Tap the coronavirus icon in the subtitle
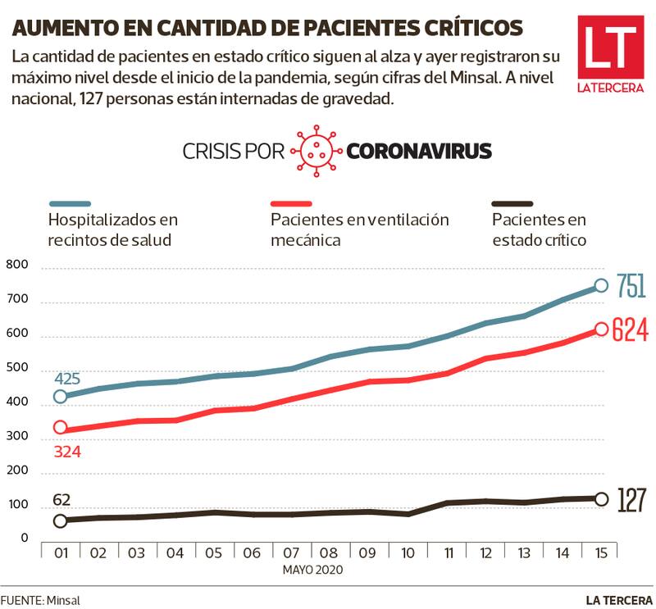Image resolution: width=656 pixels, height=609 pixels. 316,151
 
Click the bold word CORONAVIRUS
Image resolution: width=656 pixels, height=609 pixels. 419,151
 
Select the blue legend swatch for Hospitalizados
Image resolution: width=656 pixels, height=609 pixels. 70,202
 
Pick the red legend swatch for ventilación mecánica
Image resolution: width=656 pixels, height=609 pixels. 291,202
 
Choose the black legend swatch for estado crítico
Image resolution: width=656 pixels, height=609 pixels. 512,202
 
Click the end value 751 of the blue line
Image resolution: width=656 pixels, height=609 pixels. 631,286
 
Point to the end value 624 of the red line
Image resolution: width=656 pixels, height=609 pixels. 631,329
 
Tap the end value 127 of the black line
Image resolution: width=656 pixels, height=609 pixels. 631,499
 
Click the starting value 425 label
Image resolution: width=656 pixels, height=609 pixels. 68,379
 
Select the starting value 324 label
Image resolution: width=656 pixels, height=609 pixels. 68,450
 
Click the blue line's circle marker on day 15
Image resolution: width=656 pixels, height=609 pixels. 601,285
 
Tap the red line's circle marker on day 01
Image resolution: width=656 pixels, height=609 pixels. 60,428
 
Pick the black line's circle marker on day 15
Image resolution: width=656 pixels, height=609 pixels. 601,499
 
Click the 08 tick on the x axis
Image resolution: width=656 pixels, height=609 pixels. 330,553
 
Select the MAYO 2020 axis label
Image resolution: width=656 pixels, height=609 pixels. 312,569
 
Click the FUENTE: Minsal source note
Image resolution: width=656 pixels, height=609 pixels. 40,600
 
